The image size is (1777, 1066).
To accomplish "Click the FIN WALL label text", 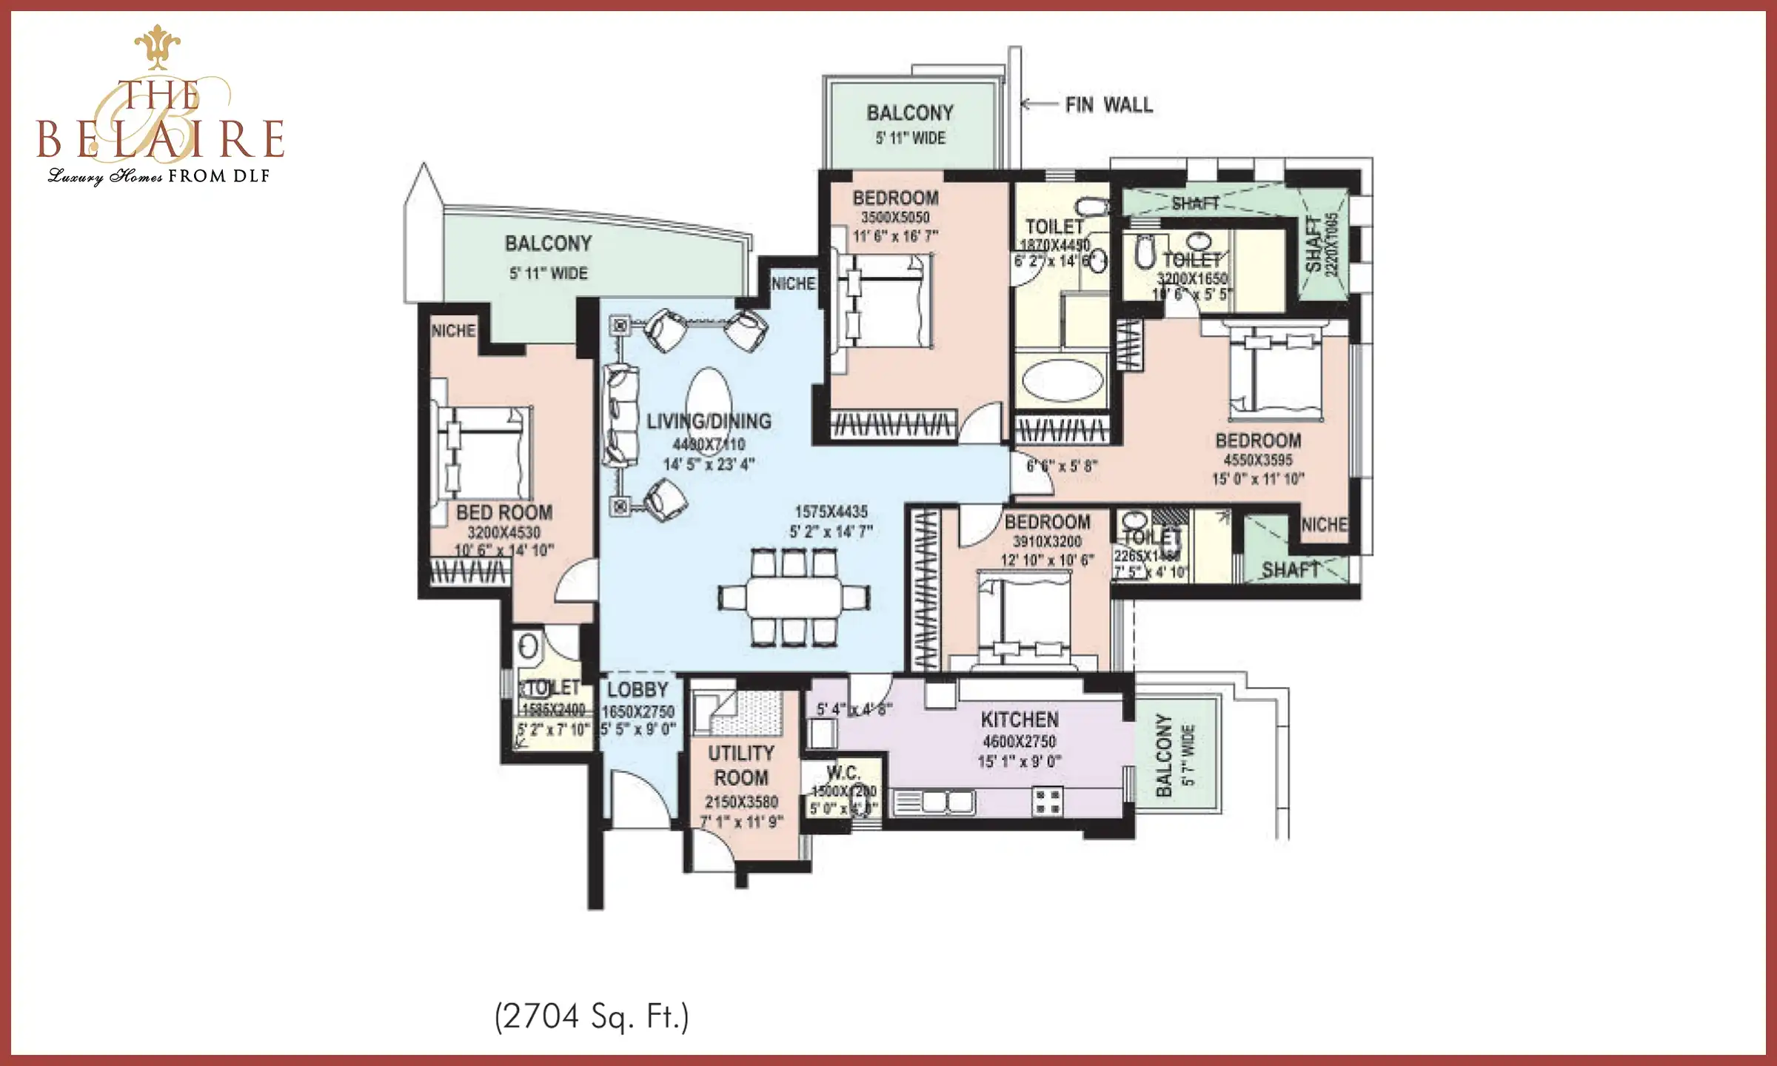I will tap(1108, 105).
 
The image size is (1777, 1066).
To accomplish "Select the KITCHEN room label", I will tap(1019, 720).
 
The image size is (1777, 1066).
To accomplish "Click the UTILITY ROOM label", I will tap(740, 765).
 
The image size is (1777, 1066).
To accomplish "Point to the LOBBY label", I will tap(637, 690).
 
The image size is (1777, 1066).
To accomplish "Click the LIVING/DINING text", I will tap(709, 422).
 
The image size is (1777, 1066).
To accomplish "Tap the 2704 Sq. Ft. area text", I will tap(592, 1016).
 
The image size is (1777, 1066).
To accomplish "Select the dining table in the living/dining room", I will tap(794, 596).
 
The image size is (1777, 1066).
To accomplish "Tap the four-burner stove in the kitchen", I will tap(1048, 802).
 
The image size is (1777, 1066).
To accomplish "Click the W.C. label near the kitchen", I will tap(843, 774).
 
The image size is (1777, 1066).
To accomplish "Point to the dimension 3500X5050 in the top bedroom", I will tap(894, 218).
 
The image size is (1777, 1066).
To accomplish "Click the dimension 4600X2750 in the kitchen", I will tap(1019, 742).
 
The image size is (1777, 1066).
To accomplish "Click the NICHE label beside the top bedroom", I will tap(793, 284).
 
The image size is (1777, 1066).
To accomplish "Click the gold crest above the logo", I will tap(157, 46).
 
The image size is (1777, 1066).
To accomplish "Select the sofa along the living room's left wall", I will tap(620, 415).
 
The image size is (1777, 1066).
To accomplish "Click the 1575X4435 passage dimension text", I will tap(831, 512).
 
